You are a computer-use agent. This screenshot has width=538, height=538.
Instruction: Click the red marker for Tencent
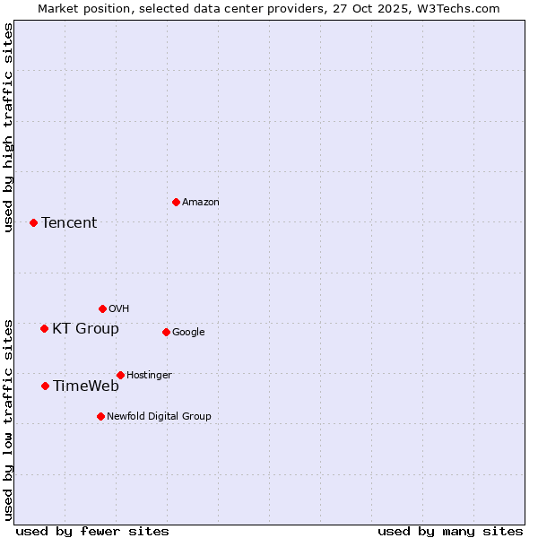(33, 222)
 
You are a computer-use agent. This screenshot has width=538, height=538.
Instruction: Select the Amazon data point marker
(176, 202)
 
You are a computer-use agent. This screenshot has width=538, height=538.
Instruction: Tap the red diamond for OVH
(102, 308)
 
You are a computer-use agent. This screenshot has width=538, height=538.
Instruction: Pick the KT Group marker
(44, 328)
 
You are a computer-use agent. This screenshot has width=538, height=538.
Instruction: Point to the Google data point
(166, 332)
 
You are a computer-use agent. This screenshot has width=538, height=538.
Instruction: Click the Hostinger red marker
(120, 375)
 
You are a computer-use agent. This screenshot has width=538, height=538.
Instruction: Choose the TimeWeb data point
(45, 386)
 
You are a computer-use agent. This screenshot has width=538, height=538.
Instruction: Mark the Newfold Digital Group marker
(100, 416)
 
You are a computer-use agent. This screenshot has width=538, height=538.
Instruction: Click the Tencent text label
(69, 223)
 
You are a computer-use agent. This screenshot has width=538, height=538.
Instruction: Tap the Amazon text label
(200, 203)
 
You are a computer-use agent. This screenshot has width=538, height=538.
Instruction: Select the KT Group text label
(85, 329)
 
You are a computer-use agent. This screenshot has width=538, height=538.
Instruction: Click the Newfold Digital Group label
(159, 416)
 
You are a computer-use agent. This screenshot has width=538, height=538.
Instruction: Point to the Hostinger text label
(149, 375)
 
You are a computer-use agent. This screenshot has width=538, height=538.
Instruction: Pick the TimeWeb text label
(85, 386)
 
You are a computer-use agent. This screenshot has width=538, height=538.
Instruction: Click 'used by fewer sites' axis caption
(92, 531)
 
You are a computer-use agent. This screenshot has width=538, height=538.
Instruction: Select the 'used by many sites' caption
(450, 531)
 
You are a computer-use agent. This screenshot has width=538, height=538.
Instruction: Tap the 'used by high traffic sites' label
(8, 127)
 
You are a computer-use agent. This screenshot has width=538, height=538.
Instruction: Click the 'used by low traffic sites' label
(8, 419)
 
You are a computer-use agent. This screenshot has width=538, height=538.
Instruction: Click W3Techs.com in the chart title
(456, 8)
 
